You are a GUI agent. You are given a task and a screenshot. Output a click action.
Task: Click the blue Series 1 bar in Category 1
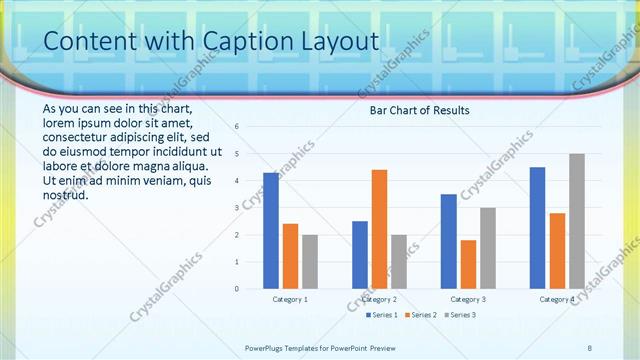(271, 230)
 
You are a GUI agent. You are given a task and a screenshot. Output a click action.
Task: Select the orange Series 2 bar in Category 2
(379, 229)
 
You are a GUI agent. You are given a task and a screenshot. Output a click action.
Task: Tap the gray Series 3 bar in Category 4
(577, 221)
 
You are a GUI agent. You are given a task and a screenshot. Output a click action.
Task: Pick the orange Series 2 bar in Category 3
(468, 264)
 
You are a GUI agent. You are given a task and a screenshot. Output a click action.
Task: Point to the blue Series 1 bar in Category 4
(538, 227)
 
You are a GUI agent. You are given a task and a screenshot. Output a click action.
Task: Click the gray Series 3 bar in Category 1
(310, 261)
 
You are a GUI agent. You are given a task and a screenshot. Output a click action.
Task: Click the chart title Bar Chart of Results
(419, 110)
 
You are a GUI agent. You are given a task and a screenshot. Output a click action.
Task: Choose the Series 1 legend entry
(383, 315)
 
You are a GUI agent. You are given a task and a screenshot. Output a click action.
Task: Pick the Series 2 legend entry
(421, 315)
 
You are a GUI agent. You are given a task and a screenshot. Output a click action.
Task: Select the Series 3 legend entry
(459, 315)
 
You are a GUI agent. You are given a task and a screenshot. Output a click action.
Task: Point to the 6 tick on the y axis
(236, 127)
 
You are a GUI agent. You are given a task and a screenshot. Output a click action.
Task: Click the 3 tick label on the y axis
(236, 208)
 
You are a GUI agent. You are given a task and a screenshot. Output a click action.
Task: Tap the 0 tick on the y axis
(236, 289)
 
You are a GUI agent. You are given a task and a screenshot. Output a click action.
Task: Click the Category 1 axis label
(290, 299)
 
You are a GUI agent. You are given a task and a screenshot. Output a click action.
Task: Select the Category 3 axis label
(468, 299)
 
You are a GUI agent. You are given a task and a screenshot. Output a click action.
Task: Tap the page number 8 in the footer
(590, 347)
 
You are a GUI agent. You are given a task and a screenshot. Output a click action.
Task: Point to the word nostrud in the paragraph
(66, 194)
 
